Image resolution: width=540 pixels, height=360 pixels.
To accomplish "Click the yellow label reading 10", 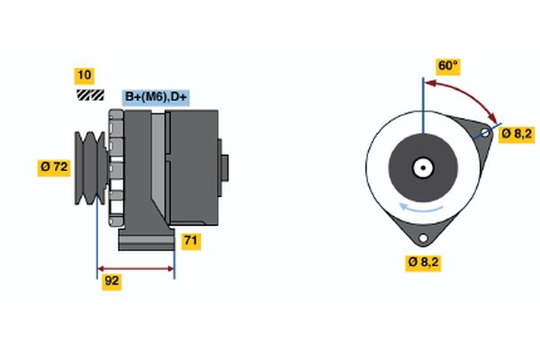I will [84, 75].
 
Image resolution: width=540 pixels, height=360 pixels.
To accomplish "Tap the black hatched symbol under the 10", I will [88, 94].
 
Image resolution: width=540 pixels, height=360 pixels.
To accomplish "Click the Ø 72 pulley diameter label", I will [54, 166].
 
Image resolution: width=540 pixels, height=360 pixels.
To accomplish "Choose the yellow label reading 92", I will [112, 281].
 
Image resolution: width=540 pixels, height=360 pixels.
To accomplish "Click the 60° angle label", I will [447, 66].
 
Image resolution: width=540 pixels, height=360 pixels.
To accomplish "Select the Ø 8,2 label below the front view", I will [423, 263].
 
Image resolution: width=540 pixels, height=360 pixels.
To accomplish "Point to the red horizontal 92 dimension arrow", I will [135, 268].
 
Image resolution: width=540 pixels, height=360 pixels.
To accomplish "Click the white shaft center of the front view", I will [421, 167].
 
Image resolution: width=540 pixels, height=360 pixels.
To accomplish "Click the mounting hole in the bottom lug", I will [421, 238].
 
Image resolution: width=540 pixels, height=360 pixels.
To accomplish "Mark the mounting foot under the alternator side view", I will [144, 240].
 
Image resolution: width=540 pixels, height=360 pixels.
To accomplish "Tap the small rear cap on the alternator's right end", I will [224, 167].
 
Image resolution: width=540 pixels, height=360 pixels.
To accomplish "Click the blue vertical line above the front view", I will [421, 99].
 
